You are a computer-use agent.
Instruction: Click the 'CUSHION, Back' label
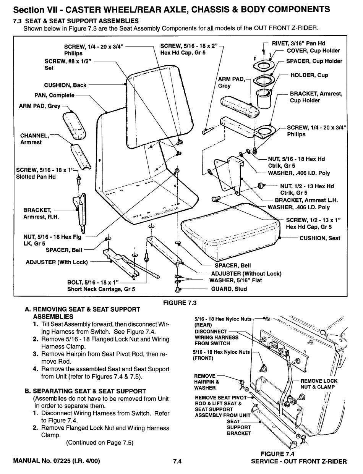tap(65, 85)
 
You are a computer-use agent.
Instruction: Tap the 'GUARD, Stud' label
tap(229, 289)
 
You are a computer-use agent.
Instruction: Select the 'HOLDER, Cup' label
tap(309, 75)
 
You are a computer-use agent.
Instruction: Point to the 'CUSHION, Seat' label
tap(319, 238)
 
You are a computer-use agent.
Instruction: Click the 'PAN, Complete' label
tap(54, 95)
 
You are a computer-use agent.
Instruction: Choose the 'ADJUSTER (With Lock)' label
tap(57, 262)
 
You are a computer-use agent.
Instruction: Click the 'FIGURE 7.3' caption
tap(180, 303)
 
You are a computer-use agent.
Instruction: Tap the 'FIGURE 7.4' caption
tap(277, 454)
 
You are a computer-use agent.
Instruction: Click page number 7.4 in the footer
tap(177, 461)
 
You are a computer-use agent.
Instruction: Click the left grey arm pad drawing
tap(74, 126)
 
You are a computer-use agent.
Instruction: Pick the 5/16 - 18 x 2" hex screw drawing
tap(207, 131)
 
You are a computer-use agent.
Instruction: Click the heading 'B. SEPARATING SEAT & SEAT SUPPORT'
tap(85, 391)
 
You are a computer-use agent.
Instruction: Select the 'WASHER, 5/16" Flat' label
tap(235, 280)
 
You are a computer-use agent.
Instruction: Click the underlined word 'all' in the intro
tap(210, 28)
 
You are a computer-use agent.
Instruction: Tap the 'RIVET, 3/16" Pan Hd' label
tap(298, 44)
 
